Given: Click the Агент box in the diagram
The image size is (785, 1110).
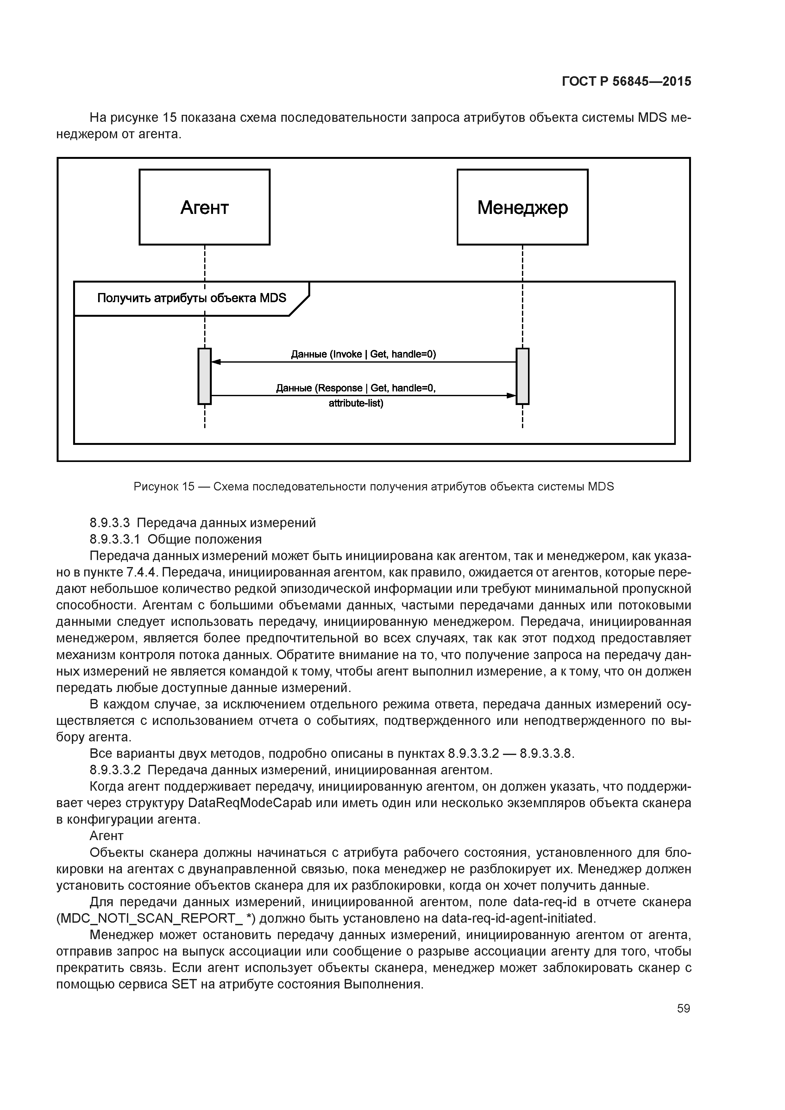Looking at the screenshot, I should (204, 207).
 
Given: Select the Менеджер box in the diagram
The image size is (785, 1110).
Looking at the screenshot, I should (522, 207).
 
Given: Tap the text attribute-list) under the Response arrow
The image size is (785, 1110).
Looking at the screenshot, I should (356, 403).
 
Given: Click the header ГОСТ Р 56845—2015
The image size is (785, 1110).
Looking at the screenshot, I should (626, 82).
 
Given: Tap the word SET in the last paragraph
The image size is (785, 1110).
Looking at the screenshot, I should (183, 984).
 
